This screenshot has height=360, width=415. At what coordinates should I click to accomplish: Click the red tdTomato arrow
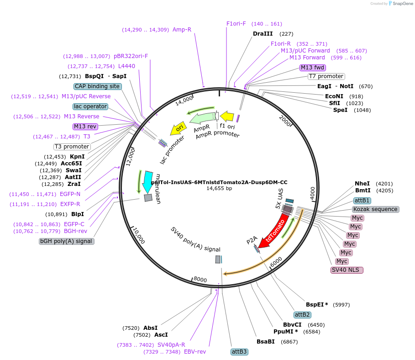click(273, 232)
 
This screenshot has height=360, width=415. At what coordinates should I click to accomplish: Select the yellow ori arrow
click(178, 130)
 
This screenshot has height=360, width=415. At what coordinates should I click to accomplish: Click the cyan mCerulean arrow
click(148, 179)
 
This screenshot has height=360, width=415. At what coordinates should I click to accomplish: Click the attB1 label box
click(362, 201)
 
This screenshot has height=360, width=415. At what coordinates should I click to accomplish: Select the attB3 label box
click(239, 352)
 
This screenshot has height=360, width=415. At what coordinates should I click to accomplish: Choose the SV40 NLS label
click(347, 270)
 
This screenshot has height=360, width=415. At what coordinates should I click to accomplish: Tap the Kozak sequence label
click(376, 209)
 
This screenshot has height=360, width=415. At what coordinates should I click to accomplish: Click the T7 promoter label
click(326, 76)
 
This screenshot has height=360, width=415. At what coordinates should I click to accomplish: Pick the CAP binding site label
click(97, 86)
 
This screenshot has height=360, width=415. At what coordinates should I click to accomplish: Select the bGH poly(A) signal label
click(67, 241)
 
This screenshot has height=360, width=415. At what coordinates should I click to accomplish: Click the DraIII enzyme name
click(263, 34)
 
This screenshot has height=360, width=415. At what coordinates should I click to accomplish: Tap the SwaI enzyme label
click(74, 170)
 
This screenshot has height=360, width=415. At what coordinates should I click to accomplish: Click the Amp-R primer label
click(182, 30)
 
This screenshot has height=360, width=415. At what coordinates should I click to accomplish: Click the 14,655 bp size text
click(219, 188)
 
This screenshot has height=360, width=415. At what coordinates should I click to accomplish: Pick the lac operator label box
click(90, 106)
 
